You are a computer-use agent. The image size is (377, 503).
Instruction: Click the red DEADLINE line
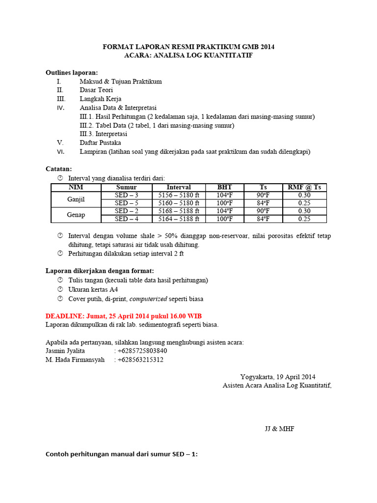pos(123,315)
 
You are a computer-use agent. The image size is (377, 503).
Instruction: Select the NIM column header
pos(76,187)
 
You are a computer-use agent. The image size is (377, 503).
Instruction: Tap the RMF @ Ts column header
pos(304,187)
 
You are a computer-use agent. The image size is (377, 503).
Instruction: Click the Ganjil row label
pos(76,199)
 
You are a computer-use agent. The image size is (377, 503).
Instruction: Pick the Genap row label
pos(76,215)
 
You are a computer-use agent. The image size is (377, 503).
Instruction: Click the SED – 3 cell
pos(127,195)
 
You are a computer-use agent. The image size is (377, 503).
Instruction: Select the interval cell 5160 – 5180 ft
pos(179,203)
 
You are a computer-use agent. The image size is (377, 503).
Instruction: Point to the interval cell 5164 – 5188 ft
pos(179,219)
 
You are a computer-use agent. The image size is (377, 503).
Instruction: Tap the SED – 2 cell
pos(127,211)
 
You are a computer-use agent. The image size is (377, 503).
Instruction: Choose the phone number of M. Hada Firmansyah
pos(140,360)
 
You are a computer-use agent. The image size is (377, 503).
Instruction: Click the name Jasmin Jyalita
pos(65,351)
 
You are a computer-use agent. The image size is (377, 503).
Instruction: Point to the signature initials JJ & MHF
pos(280,429)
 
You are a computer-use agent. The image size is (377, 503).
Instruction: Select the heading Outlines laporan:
pos(72,72)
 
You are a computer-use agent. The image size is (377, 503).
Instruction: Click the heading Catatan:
pos(59,168)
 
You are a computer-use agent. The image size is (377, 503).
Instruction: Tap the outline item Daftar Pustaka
pos(100,142)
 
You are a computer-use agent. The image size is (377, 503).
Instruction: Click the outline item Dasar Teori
pos(96,90)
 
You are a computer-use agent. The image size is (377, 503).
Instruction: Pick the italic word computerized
pos(149,299)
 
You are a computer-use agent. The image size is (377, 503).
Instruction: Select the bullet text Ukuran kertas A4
pos(93,289)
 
